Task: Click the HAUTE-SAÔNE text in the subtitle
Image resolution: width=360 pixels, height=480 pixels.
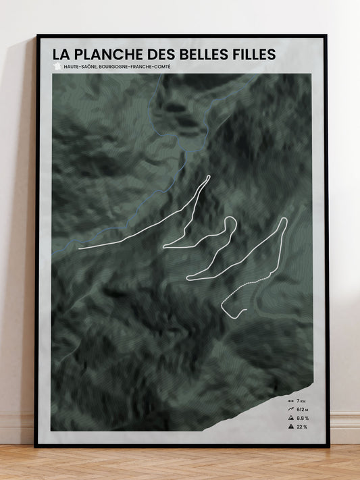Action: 78,66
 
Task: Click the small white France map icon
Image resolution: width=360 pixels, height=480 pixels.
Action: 57,66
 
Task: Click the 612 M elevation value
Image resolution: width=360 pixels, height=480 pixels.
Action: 303,409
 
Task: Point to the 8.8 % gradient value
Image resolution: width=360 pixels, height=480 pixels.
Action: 303,418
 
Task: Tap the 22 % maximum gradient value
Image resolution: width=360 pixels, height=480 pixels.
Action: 301,427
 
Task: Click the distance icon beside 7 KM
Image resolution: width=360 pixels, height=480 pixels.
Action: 290,401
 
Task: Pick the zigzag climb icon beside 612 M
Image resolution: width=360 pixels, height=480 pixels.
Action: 290,409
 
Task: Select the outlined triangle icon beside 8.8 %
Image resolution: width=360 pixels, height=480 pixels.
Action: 290,418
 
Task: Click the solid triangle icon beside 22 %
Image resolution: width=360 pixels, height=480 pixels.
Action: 290,427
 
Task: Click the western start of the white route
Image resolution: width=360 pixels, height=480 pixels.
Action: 80,248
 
